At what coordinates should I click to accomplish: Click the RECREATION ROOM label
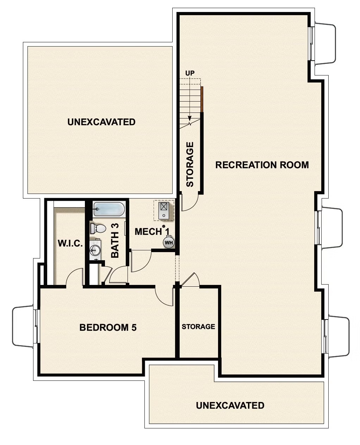pyautogui.click(x=262, y=165)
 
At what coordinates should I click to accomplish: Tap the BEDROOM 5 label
pyautogui.click(x=108, y=328)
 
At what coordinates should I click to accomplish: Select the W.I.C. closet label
pyautogui.click(x=70, y=243)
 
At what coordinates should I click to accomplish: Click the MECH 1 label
pyautogui.click(x=152, y=232)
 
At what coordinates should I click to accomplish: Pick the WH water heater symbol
pyautogui.click(x=168, y=243)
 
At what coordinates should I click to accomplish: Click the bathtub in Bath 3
pyautogui.click(x=109, y=209)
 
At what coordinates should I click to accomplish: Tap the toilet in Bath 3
pyautogui.click(x=98, y=228)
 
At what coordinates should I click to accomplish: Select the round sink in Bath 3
pyautogui.click(x=94, y=251)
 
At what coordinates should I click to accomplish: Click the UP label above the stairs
pyautogui.click(x=190, y=73)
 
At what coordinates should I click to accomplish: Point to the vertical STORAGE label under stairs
pyautogui.click(x=190, y=164)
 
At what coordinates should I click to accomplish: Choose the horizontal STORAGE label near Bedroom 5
pyautogui.click(x=198, y=327)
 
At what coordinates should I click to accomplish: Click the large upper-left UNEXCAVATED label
pyautogui.click(x=101, y=122)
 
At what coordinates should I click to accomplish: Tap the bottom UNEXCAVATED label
pyautogui.click(x=230, y=405)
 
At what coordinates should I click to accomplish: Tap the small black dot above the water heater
pyautogui.click(x=164, y=226)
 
